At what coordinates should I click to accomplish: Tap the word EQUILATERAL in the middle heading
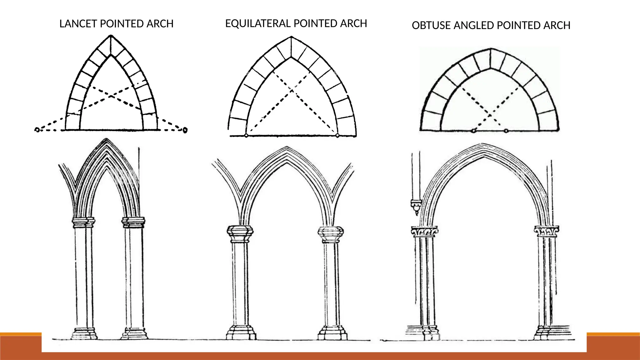pos(258,23)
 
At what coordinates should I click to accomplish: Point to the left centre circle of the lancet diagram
pos(37,129)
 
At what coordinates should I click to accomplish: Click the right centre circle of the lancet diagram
pos(185,130)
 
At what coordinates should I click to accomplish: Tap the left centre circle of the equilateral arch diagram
pos(246,136)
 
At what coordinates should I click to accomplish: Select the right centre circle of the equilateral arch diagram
pos(337,136)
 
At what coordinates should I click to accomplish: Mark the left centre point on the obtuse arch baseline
pos(473,131)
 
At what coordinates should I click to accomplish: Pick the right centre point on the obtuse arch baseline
pos(506,131)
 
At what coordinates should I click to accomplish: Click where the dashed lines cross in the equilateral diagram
pos(292,91)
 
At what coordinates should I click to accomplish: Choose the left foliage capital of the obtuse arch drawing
pos(424,232)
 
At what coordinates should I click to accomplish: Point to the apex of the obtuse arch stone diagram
pos(491,49)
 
